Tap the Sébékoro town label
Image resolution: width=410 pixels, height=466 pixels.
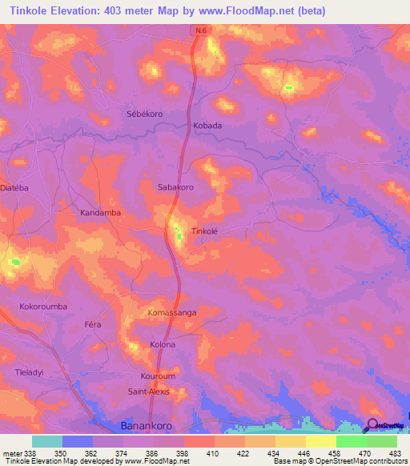[x=145, y=114]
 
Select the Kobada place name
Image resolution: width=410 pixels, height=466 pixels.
[x=207, y=126]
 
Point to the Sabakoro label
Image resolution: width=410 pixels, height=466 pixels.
[x=175, y=187]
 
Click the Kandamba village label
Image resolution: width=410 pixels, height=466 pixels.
[x=100, y=213]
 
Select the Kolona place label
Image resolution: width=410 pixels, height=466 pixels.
[x=163, y=344]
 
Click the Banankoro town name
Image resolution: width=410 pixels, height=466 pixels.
[x=146, y=425]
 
